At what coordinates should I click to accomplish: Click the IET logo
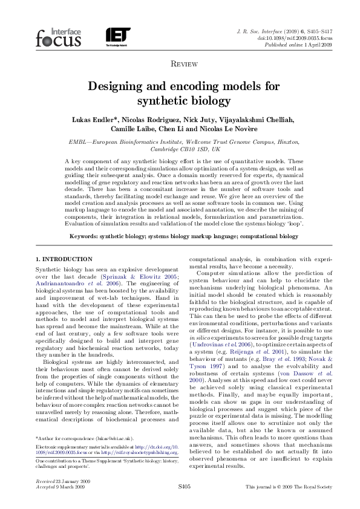[117, 36]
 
